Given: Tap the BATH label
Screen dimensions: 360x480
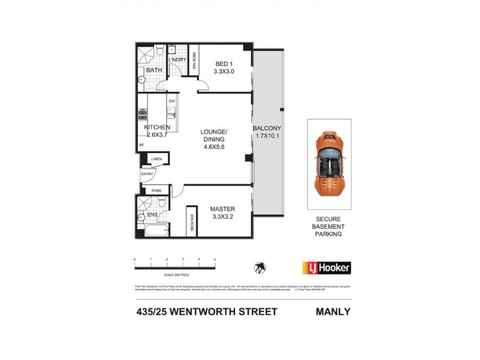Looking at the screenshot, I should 154,70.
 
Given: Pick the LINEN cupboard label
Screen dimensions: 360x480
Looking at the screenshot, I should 157,159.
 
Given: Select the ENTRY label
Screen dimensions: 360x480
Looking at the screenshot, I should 147,174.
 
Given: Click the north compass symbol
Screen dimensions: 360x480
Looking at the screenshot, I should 259,267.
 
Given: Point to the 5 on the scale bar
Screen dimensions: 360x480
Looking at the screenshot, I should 215,259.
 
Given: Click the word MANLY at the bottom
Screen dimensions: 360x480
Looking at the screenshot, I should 332,311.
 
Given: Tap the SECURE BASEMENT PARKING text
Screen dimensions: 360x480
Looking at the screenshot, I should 328,227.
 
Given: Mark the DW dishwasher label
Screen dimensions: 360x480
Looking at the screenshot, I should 172,101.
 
